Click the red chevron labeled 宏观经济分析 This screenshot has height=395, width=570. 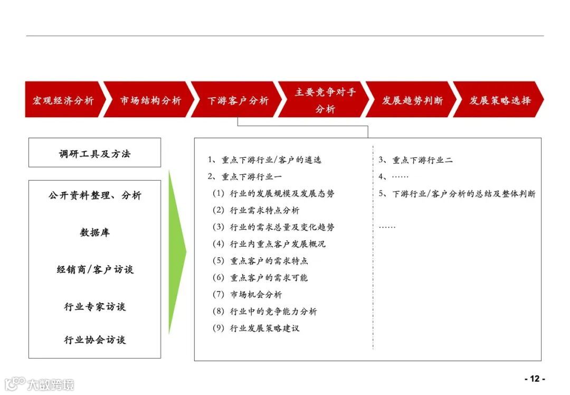click(x=63, y=100)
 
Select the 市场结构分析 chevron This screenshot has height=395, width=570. click(x=150, y=100)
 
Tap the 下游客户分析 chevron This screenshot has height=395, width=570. click(x=237, y=100)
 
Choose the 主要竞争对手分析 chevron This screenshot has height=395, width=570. click(x=325, y=100)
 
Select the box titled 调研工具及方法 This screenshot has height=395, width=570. click(x=94, y=153)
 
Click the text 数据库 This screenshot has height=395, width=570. click(x=95, y=232)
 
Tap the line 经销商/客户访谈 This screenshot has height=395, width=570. click(x=95, y=269)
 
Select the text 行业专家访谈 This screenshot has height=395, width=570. click(x=95, y=306)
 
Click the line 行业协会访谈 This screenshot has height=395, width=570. click(x=95, y=340)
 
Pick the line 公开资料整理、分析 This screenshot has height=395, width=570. click(x=95, y=195)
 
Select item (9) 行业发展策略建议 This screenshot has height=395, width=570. click(x=256, y=328)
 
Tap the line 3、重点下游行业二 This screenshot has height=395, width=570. click(x=415, y=160)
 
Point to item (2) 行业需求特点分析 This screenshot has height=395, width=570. click(x=256, y=210)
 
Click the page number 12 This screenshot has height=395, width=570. click(x=535, y=379)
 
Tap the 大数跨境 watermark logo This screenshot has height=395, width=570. click(x=39, y=383)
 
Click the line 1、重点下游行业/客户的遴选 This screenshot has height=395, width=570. click(x=264, y=160)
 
